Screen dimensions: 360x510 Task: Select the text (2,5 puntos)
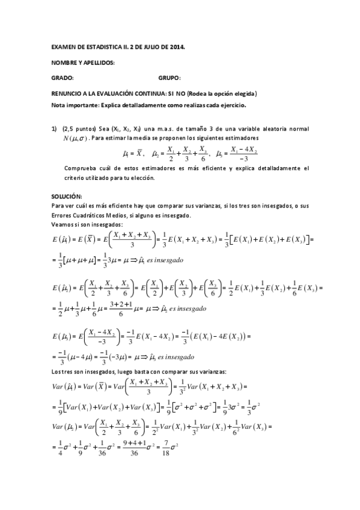tap(78, 128)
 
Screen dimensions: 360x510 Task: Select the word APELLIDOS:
tap(98, 63)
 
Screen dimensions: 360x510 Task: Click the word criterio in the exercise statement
tap(75, 178)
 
